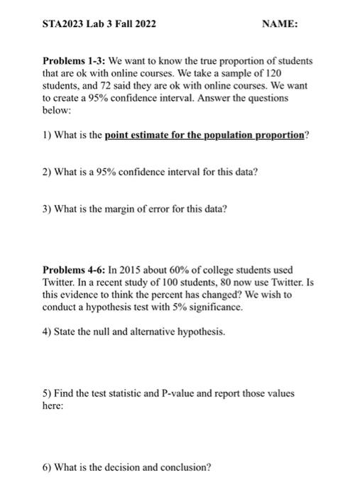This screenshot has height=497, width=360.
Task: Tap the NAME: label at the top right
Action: point(280,25)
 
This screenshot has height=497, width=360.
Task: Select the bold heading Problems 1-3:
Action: point(75,61)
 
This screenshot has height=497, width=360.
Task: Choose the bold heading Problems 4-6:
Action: point(75,271)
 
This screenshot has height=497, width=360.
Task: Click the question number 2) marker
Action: point(48,172)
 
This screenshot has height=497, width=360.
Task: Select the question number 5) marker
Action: point(48,393)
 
